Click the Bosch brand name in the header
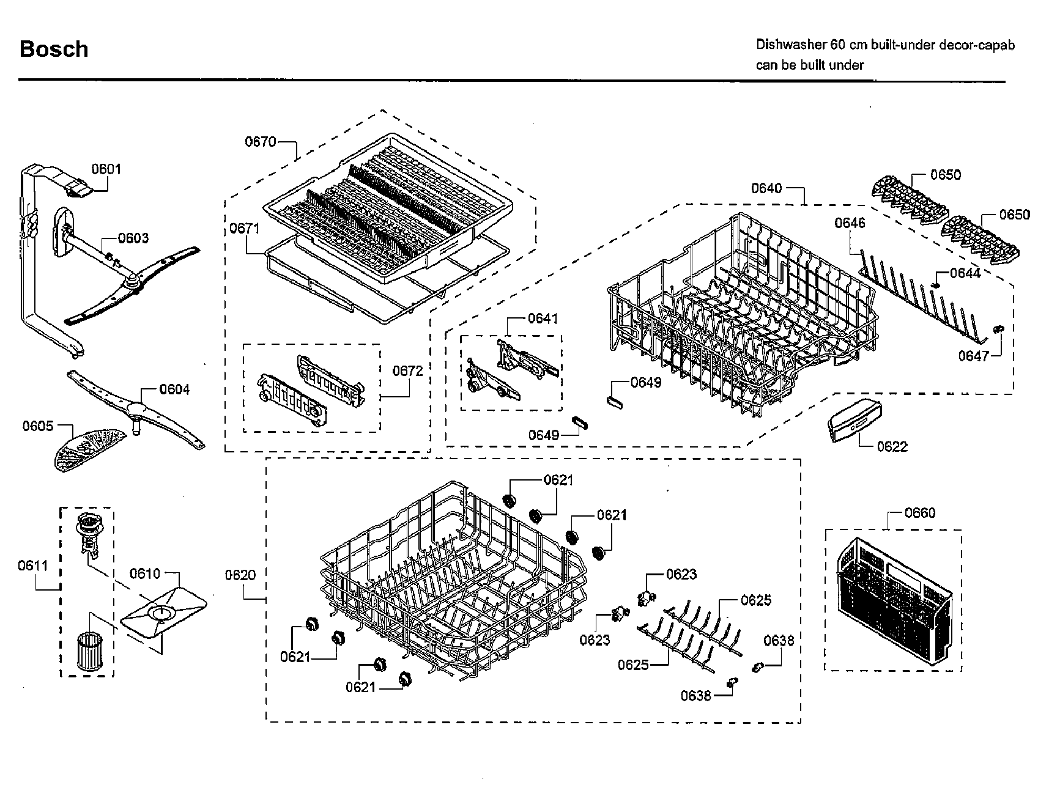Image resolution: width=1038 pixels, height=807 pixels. (x=54, y=49)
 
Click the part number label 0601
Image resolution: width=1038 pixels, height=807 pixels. (x=106, y=169)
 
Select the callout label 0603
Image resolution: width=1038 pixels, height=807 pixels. (x=133, y=238)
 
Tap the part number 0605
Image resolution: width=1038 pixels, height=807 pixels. (x=38, y=426)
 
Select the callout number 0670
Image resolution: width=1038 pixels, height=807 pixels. (x=261, y=142)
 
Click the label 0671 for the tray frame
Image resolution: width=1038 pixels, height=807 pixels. (x=245, y=228)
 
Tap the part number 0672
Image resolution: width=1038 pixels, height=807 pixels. (x=407, y=371)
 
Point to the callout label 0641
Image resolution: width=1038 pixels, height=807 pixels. (x=543, y=318)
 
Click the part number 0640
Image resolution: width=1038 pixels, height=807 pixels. (x=766, y=188)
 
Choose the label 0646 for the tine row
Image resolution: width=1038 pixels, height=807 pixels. (x=850, y=223)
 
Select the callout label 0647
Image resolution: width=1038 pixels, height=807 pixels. (x=973, y=356)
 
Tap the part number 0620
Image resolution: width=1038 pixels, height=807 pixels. (x=240, y=575)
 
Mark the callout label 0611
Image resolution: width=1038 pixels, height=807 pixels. (x=32, y=566)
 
